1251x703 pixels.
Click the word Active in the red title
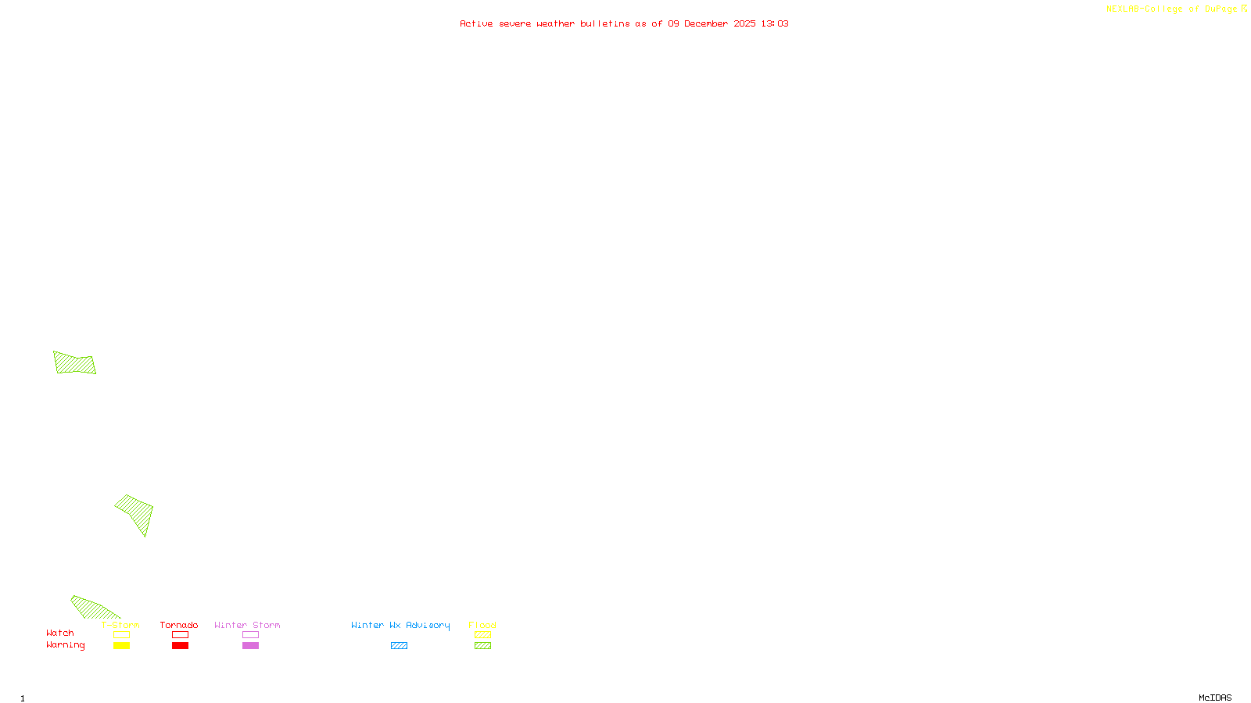[476, 23]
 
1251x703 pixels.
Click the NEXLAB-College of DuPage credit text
[1171, 9]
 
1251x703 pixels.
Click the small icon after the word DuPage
[1244, 9]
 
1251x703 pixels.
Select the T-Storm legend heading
[120, 625]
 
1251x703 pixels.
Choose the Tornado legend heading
[179, 625]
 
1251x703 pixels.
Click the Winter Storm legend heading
[247, 625]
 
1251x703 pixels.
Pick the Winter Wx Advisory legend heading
[400, 625]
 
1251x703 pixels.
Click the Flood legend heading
[482, 625]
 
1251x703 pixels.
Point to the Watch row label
[60, 633]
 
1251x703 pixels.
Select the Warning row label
[66, 645]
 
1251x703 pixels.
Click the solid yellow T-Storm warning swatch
[121, 646]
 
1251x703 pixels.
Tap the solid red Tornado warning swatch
[180, 646]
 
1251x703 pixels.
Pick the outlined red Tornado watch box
[180, 635]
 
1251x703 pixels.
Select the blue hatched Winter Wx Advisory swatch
[399, 646]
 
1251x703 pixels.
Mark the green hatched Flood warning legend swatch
[482, 646]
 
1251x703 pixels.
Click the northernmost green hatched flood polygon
[74, 363]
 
